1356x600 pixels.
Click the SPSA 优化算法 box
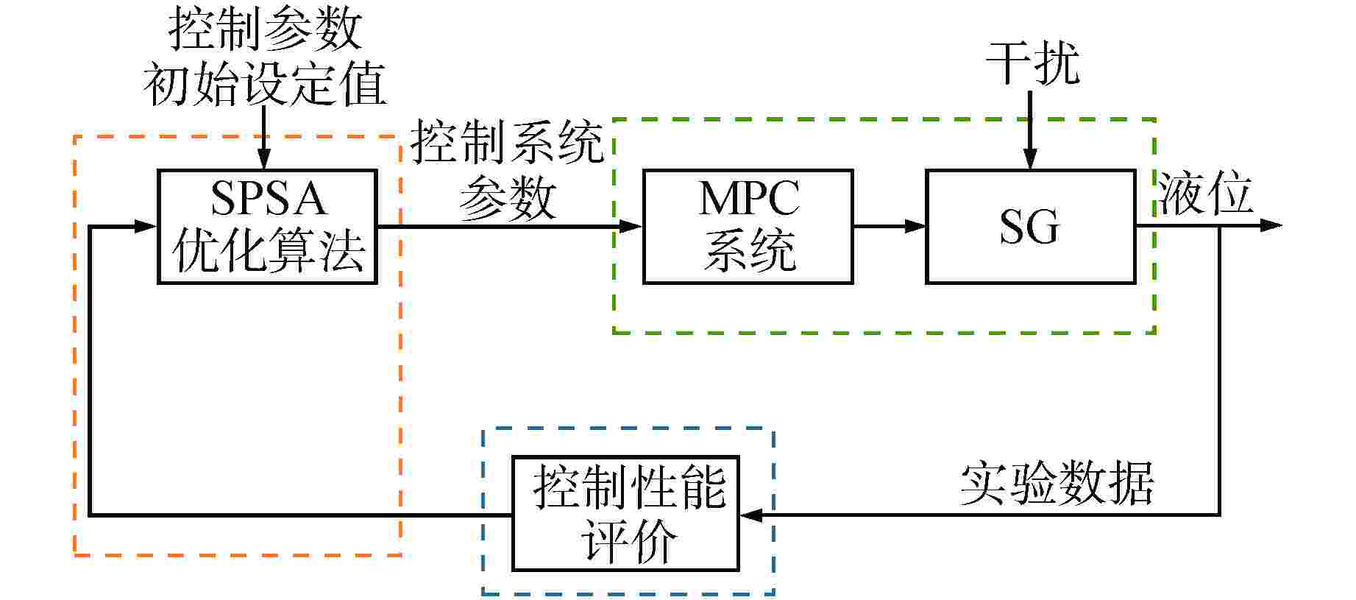click(267, 227)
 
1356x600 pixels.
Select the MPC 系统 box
click(748, 227)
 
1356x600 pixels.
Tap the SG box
click(1030, 227)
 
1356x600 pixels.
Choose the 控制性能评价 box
click(625, 514)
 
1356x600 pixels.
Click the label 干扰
click(1032, 63)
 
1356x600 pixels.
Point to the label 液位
click(1205, 194)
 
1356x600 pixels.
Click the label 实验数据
click(1057, 484)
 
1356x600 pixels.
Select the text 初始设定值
click(265, 84)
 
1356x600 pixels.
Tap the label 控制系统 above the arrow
click(507, 141)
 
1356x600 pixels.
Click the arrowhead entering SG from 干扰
click(1030, 160)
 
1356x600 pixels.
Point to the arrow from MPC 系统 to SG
click(889, 226)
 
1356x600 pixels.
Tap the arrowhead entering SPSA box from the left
click(146, 226)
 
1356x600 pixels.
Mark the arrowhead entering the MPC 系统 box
click(631, 226)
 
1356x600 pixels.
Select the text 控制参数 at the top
click(265, 29)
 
